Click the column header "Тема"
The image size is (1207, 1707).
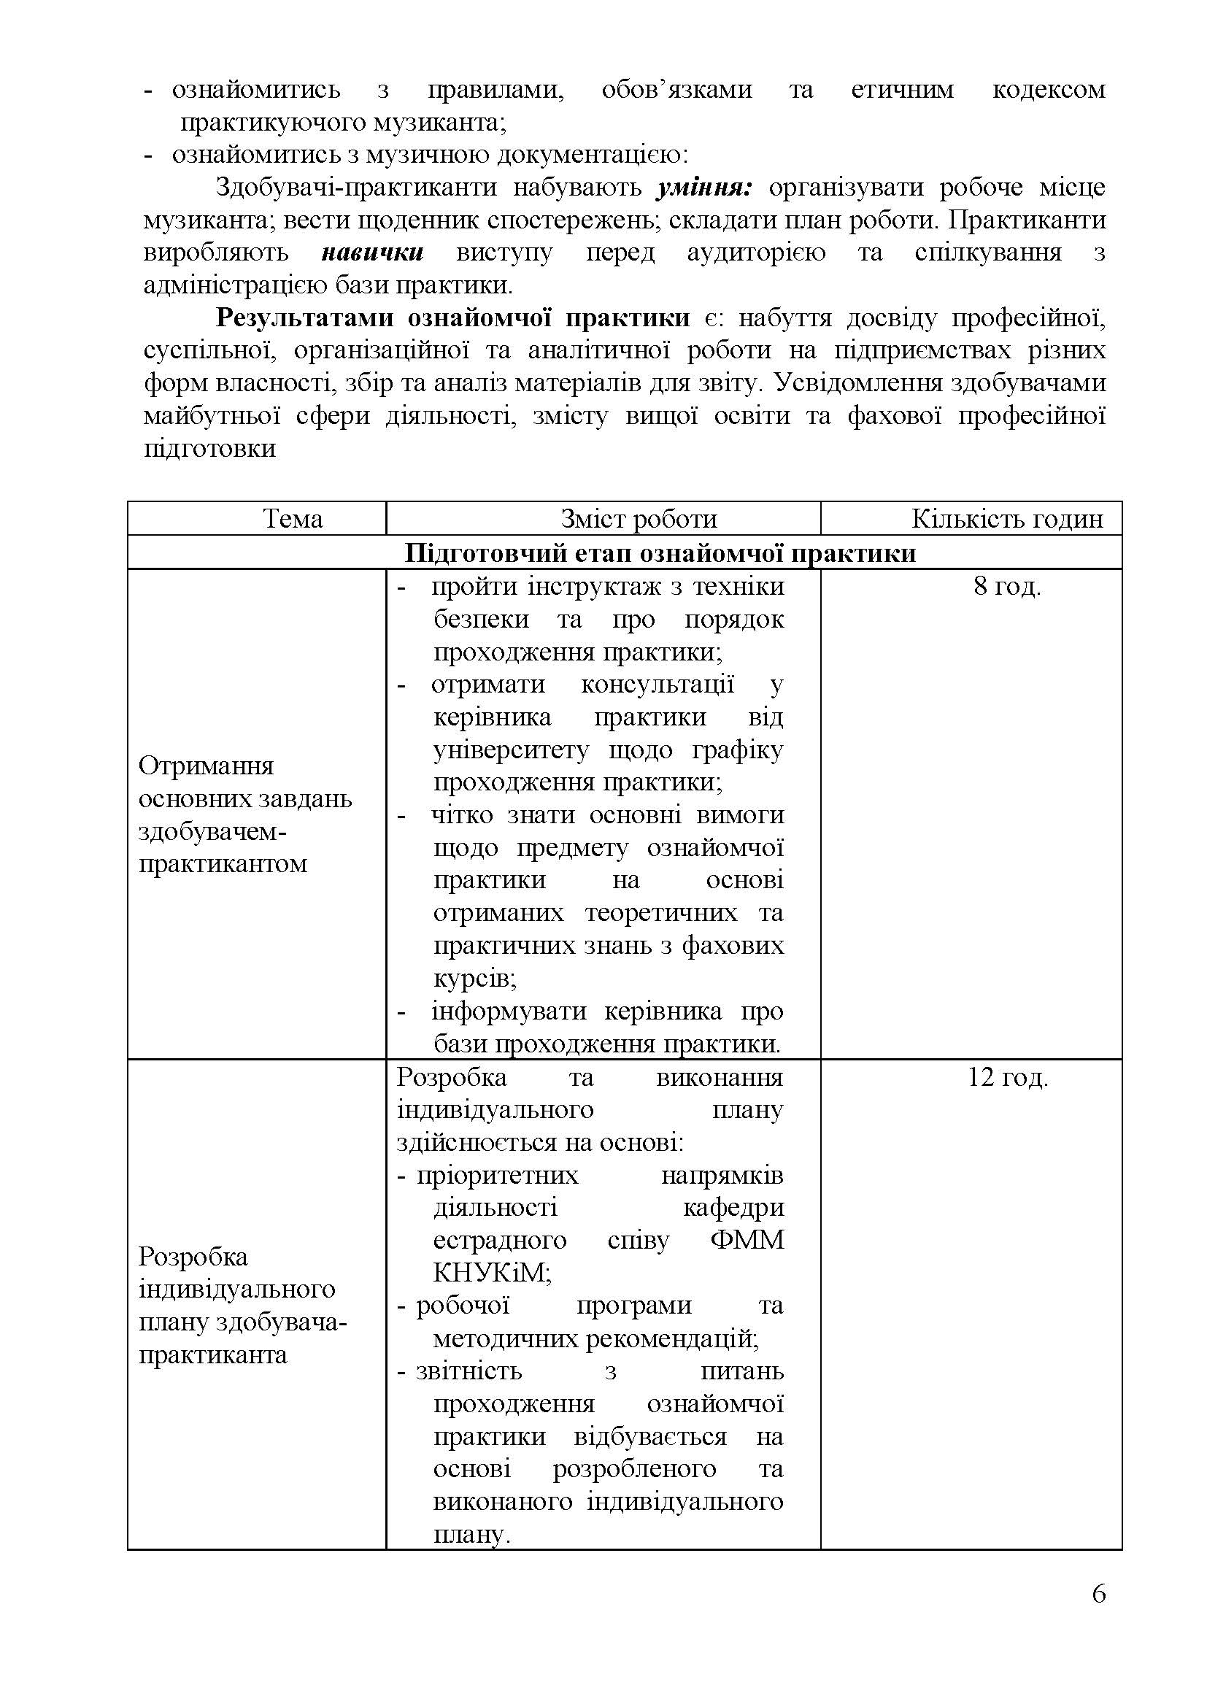tap(293, 518)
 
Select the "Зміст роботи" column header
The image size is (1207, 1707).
tap(639, 518)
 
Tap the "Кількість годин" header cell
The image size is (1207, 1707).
tap(1007, 518)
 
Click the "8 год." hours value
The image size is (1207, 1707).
tap(1007, 587)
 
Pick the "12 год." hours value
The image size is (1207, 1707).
tap(1007, 1076)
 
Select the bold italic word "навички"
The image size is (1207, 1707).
tap(372, 252)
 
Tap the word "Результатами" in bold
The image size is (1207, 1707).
tap(304, 317)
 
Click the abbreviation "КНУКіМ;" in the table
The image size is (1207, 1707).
tap(492, 1273)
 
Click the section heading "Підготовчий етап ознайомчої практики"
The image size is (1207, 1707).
tap(660, 553)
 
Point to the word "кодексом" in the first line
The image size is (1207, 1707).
tap(1049, 90)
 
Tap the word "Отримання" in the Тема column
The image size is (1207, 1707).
tap(207, 766)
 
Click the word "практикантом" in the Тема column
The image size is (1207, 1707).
tap(223, 864)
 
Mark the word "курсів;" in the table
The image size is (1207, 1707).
tap(475, 979)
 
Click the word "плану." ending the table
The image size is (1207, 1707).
tap(472, 1535)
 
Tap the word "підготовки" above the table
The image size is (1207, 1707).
tap(209, 448)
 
